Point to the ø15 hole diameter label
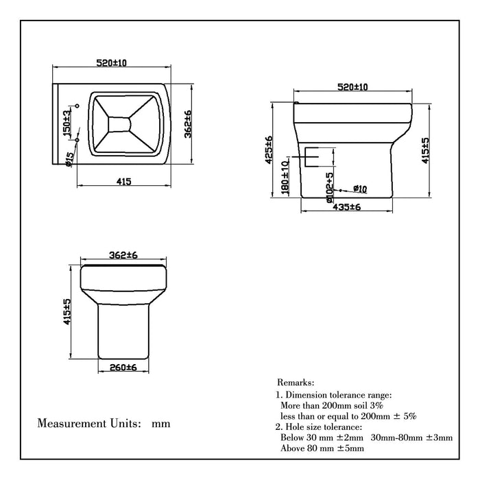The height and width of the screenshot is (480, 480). click(69, 159)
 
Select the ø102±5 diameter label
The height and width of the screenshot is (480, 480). click(329, 185)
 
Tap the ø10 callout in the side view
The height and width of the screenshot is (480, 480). click(361, 189)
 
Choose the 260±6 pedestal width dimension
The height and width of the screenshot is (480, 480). click(124, 368)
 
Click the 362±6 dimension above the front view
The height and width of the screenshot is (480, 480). click(123, 255)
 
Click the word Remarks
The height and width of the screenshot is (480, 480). click(296, 381)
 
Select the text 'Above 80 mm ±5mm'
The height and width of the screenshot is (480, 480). click(322, 448)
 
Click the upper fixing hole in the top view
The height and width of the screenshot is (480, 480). click(77, 106)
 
